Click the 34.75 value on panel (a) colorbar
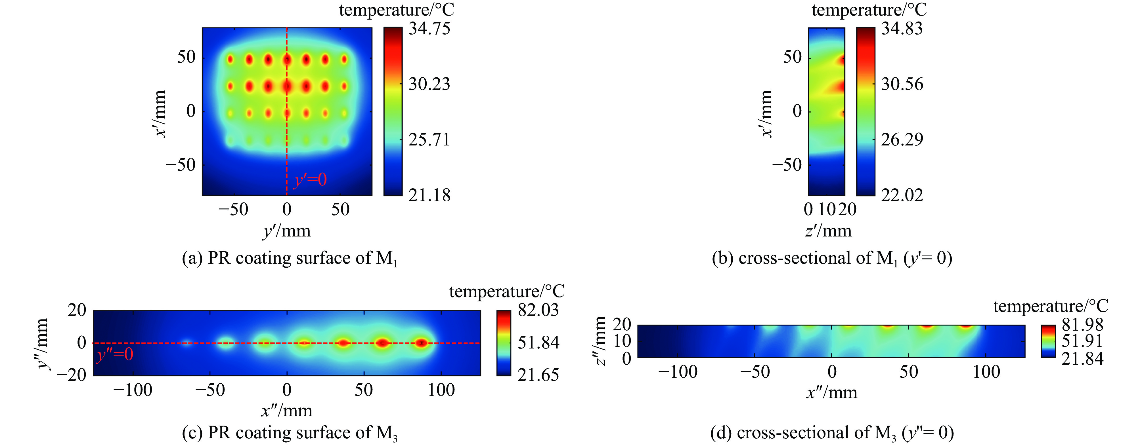[429, 29]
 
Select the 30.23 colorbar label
[429, 84]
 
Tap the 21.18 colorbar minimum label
[429, 195]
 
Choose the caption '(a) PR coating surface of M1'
[290, 258]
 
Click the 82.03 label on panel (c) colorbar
[538, 310]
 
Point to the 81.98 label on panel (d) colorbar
[1082, 325]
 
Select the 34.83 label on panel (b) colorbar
[902, 29]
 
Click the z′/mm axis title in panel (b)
[828, 231]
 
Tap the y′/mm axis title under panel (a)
[287, 231]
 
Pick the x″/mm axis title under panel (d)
[831, 392]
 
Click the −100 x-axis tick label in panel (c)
[133, 390]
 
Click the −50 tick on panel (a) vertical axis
[181, 165]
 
